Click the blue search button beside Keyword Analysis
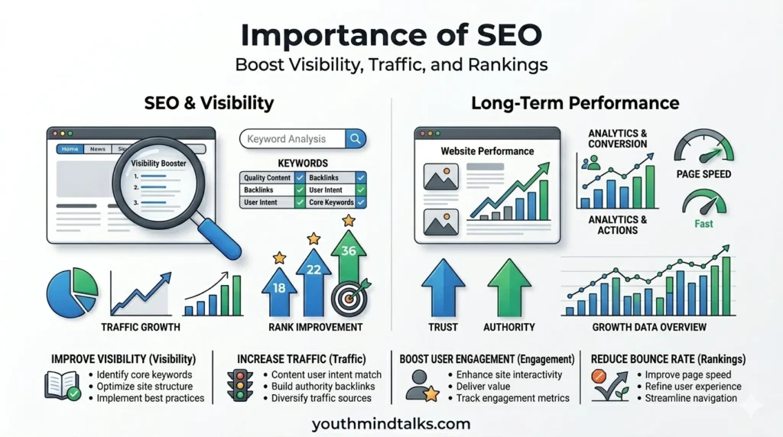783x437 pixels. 356,139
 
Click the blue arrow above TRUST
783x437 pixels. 443,286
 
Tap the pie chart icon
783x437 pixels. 73,293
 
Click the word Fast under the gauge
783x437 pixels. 703,224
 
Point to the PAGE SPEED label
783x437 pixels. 703,174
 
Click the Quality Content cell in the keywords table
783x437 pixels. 267,178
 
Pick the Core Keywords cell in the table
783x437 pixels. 331,202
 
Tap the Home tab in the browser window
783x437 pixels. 70,150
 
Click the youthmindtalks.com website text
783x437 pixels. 391,422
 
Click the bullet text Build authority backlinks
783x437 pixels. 323,387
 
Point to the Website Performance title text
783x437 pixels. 487,151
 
